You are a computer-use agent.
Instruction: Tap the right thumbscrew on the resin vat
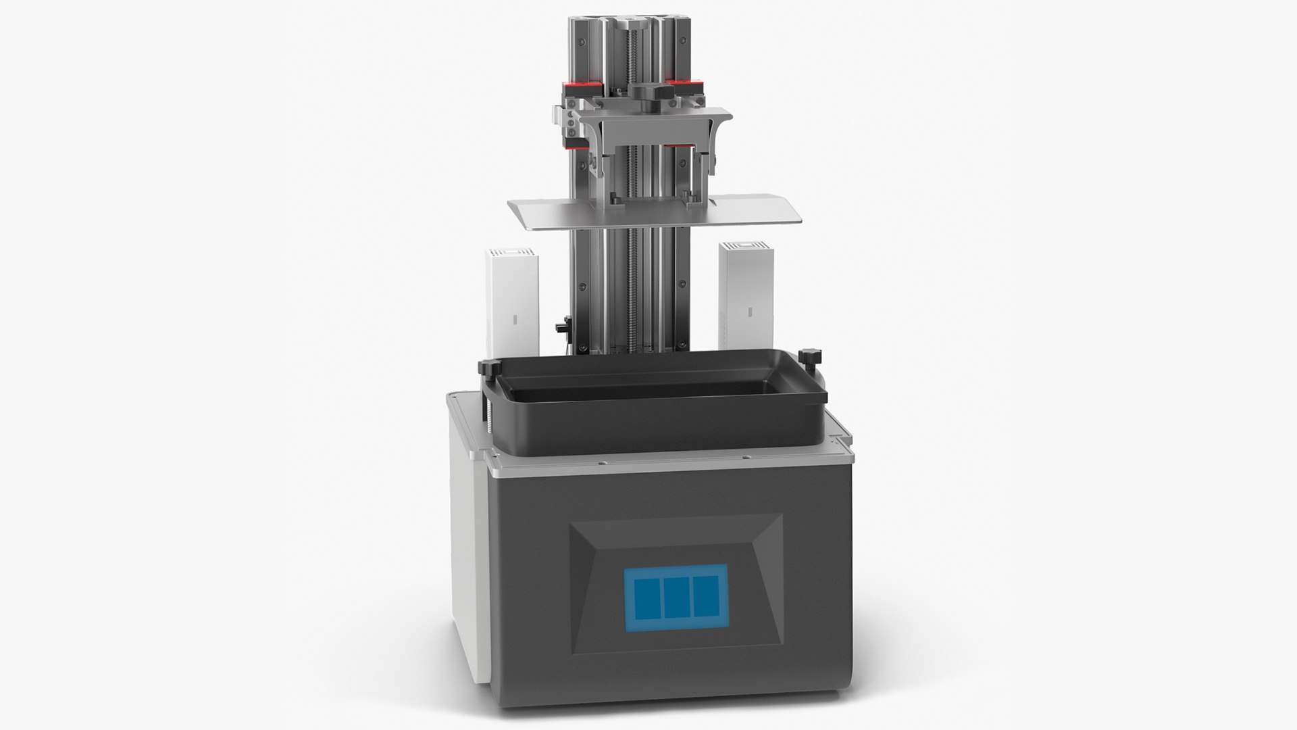[x=807, y=356]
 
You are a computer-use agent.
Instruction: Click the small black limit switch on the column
[x=561, y=327]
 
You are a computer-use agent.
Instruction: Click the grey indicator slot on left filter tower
[x=512, y=317]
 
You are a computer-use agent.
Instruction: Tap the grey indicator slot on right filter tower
[x=751, y=312]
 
